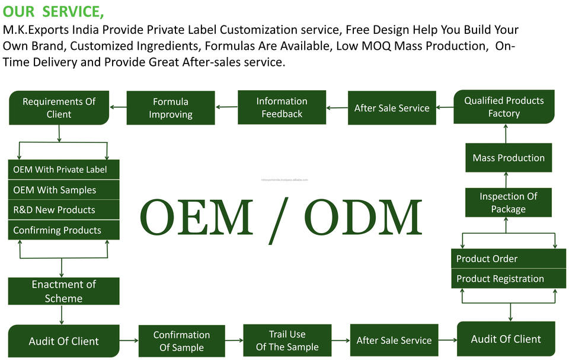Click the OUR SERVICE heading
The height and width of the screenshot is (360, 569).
tap(53, 11)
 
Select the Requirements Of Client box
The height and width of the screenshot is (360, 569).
tap(59, 108)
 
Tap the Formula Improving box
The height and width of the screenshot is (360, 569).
tap(171, 108)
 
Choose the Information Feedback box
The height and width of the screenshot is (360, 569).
tap(282, 107)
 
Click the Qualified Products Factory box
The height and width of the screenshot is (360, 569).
tap(504, 107)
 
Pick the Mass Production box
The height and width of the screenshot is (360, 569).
tap(509, 158)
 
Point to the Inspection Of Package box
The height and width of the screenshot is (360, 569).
tap(508, 203)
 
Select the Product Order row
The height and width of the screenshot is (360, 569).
tap(509, 259)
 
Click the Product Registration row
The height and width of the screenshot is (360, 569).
tap(509, 279)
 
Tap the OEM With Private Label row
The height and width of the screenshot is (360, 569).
tap(63, 170)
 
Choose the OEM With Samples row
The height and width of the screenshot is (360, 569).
tap(63, 190)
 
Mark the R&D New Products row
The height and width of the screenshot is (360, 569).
tap(63, 210)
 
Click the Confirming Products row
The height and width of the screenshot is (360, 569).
tap(63, 230)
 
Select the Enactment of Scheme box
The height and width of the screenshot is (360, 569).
tap(63, 291)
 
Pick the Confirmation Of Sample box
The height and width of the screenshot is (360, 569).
tap(181, 341)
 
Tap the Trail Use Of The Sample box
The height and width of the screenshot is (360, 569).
tap(287, 340)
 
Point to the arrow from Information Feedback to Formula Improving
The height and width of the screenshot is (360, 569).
tap(226, 107)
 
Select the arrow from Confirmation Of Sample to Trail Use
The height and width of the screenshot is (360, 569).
tap(234, 340)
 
